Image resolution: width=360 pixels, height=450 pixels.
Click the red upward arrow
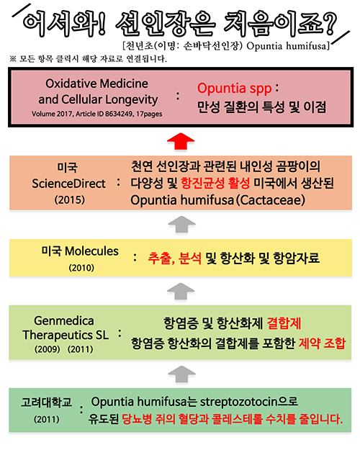[181, 140]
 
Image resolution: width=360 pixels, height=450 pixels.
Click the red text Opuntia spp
[234, 89]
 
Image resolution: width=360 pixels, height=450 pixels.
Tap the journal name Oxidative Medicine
[96, 84]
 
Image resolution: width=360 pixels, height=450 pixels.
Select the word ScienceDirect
[68, 184]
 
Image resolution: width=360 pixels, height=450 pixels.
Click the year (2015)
[70, 199]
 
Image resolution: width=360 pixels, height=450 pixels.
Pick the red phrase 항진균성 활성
[215, 183]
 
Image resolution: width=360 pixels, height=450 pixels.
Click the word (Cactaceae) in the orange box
[271, 200]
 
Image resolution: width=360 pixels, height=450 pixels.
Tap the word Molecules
[91, 251]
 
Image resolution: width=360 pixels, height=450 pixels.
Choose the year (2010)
[81, 268]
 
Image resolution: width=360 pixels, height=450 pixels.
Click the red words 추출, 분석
[174, 258]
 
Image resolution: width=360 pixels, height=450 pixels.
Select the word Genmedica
[64, 321]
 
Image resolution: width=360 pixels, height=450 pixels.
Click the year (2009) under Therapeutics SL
[48, 349]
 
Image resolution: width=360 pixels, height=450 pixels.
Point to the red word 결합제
[284, 323]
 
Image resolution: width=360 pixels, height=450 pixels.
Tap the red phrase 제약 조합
[322, 343]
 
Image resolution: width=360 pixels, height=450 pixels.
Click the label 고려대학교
[47, 402]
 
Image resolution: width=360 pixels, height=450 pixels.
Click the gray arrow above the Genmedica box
[181, 292]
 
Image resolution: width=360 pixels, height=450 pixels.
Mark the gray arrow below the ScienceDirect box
[181, 224]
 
